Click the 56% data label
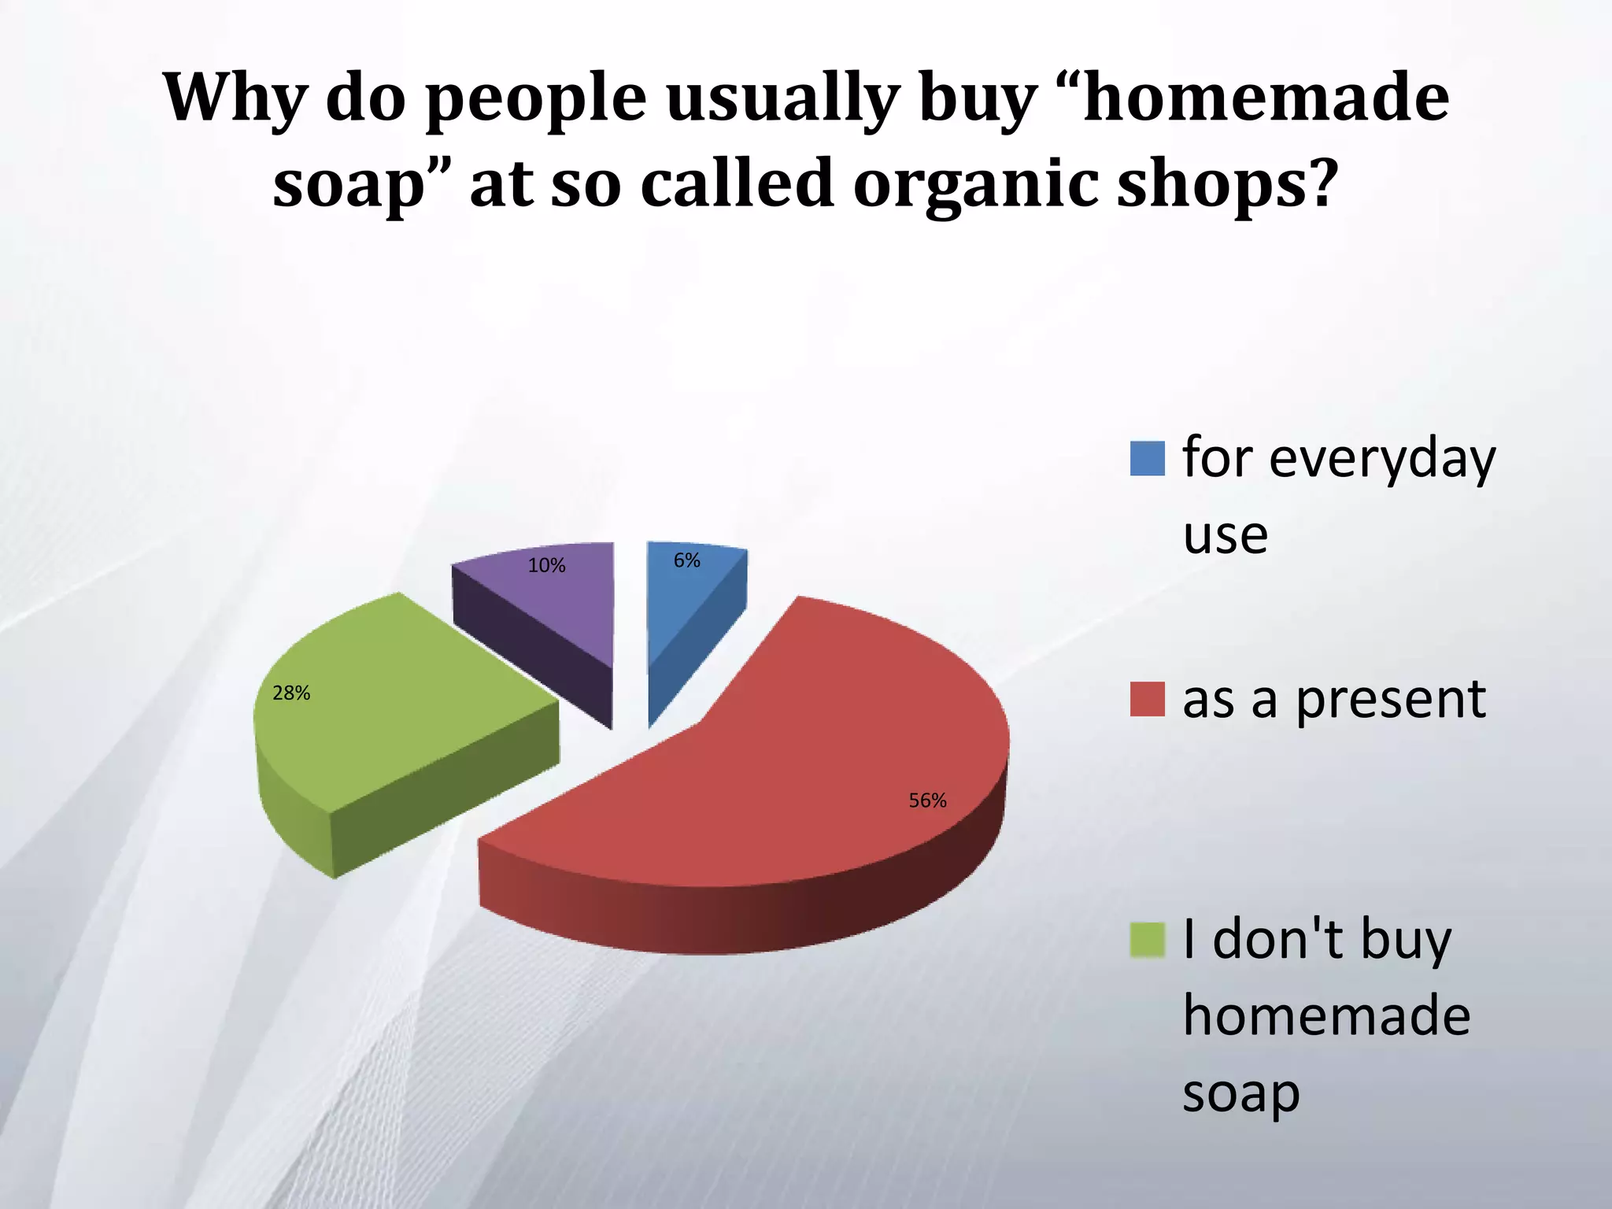tap(927, 801)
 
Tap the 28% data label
tap(291, 693)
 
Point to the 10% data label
tap(546, 566)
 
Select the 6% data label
tap(686, 560)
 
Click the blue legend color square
tap(1147, 459)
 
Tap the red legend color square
tap(1147, 699)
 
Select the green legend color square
tap(1147, 941)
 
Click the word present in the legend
tap(1390, 701)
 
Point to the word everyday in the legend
tap(1382, 459)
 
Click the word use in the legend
tap(1225, 537)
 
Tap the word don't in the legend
tap(1277, 941)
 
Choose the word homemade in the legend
tap(1326, 1017)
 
